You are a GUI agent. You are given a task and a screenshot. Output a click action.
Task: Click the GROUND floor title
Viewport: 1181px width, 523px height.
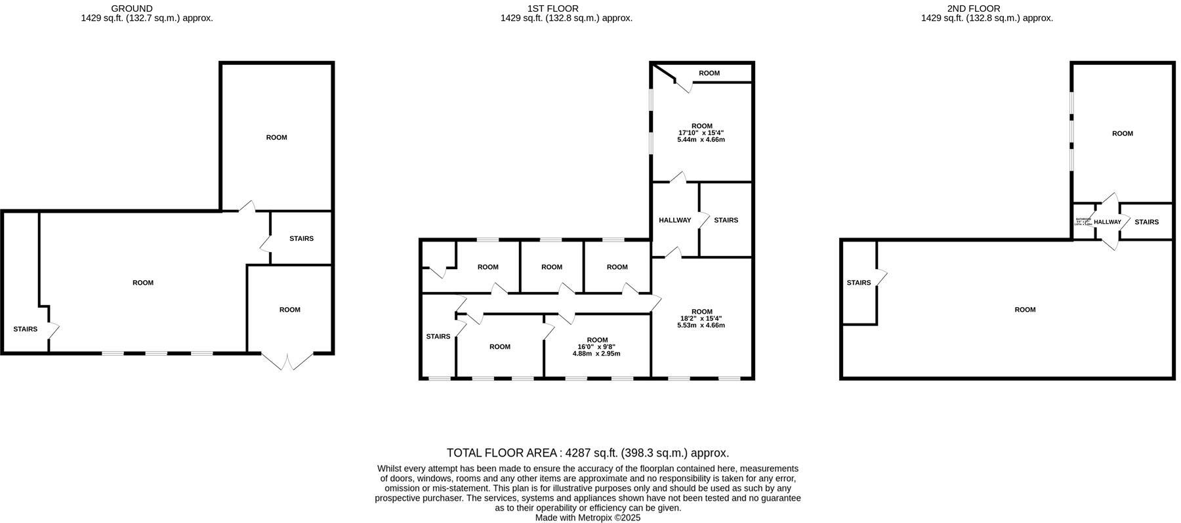pyautogui.click(x=131, y=9)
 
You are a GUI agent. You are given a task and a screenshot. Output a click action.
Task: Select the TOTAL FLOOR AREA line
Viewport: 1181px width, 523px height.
pyautogui.click(x=587, y=453)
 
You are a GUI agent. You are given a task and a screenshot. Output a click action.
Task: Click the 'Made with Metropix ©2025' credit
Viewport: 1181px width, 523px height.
pyautogui.click(x=587, y=517)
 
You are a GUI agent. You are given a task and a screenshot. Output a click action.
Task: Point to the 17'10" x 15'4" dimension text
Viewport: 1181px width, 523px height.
pyautogui.click(x=701, y=133)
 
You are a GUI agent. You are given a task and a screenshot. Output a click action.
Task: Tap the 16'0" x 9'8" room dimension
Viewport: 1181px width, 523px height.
pyautogui.click(x=596, y=346)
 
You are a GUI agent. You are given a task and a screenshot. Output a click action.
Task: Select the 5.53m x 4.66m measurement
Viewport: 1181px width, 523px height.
pyautogui.click(x=701, y=325)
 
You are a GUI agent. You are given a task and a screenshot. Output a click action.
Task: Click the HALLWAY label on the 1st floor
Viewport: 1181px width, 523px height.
pyautogui.click(x=674, y=220)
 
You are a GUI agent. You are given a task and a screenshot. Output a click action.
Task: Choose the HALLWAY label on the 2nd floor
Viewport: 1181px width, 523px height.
pyautogui.click(x=1107, y=222)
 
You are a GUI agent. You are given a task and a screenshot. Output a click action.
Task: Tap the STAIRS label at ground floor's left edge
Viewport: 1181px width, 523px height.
pyautogui.click(x=25, y=329)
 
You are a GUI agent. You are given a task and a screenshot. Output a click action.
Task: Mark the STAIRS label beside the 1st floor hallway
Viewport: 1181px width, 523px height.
pyautogui.click(x=726, y=220)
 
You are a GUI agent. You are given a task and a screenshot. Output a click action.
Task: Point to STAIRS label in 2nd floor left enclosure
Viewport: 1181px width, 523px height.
pyautogui.click(x=858, y=283)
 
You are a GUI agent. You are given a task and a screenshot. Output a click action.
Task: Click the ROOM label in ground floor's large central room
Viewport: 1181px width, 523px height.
pyautogui.click(x=142, y=283)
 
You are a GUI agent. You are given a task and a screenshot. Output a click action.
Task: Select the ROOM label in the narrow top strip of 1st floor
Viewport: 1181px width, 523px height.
pyautogui.click(x=709, y=73)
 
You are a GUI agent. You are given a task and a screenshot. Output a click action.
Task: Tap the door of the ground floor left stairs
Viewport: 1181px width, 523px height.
pyautogui.click(x=53, y=329)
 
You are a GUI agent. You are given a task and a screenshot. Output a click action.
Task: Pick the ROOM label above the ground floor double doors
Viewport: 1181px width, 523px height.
pyautogui.click(x=289, y=310)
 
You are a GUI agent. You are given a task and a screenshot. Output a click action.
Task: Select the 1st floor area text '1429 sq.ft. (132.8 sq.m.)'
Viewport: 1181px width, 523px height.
pyautogui.click(x=566, y=18)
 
